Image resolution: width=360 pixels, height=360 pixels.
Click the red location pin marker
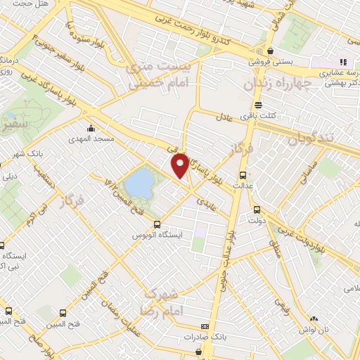pyautogui.click(x=180, y=165)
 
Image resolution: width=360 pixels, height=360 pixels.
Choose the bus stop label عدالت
pyautogui.click(x=243, y=186)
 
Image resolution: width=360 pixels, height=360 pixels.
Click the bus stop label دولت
pyautogui.click(x=256, y=220)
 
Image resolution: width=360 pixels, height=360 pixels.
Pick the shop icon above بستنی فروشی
pyautogui.click(x=271, y=51)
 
